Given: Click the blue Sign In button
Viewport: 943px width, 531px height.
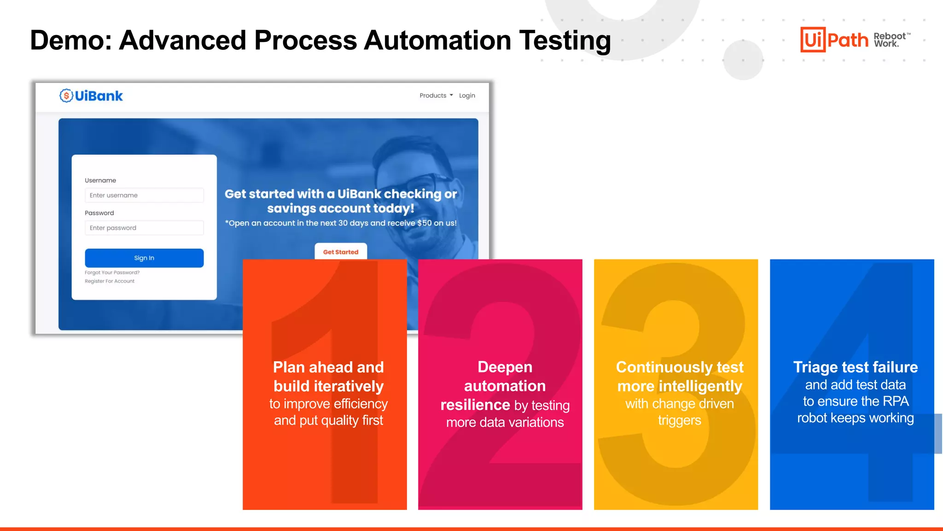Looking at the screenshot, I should [144, 258].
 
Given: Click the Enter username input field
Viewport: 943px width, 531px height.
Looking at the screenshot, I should [144, 195].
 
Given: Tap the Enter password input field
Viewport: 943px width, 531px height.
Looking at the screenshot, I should [144, 228].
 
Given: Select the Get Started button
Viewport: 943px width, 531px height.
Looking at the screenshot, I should [341, 252].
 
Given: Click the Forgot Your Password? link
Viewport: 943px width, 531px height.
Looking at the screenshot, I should [112, 272].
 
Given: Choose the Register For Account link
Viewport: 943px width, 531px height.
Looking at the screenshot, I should [110, 281].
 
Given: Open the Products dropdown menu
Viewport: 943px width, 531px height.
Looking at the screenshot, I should [436, 95].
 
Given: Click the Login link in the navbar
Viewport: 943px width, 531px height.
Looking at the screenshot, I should [467, 95].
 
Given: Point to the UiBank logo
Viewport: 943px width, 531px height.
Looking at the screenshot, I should [91, 96].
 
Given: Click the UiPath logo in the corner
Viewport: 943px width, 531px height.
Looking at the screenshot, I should [834, 40].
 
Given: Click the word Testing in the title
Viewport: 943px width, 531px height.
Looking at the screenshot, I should [565, 40].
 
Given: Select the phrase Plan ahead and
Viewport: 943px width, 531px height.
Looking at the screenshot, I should [328, 367].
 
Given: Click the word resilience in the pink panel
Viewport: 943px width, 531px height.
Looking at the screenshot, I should [475, 405].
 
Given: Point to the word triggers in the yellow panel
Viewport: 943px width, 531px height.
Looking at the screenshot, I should [679, 420].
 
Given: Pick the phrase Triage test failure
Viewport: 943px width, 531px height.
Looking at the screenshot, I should [855, 367].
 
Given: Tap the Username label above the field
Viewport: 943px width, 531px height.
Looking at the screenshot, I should [100, 180].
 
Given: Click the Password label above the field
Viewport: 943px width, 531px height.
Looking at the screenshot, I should [99, 213].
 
